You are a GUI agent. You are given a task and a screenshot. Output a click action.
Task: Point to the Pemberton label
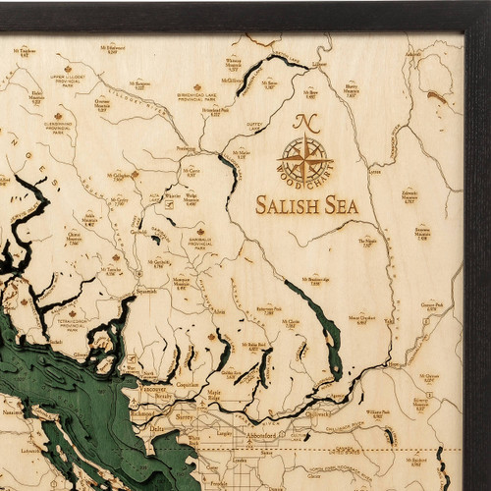coord(187,149)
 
